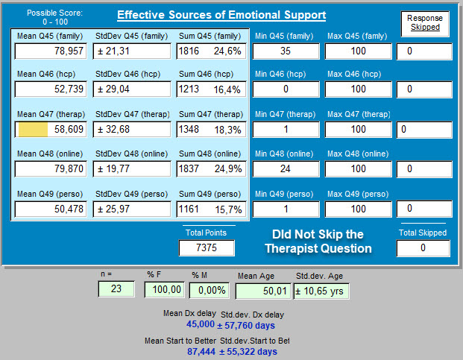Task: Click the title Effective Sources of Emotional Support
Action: click(x=221, y=15)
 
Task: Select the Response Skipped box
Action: click(x=425, y=24)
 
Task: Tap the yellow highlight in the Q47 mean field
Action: click(x=33, y=129)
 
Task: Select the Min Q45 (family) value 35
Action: click(x=286, y=51)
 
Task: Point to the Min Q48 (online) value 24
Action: click(x=286, y=168)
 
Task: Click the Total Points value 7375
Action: click(x=207, y=247)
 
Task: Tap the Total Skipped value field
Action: click(x=423, y=248)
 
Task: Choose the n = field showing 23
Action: click(x=116, y=288)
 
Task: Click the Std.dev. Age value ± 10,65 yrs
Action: click(x=321, y=291)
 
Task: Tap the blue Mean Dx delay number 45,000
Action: click(x=201, y=324)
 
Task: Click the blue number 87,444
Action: click(x=201, y=352)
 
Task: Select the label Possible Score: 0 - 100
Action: click(x=55, y=17)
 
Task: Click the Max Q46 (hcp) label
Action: click(x=354, y=74)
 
